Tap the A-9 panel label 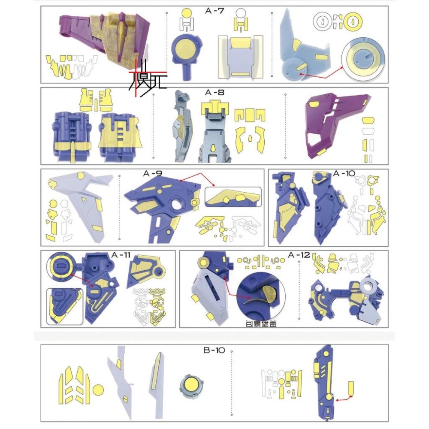pos(153,174)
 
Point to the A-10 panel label pos(344,173)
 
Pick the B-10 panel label pos(214,350)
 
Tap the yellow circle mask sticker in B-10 pos(98,390)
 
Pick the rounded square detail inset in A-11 pos(64,305)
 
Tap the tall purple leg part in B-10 pos(325,382)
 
